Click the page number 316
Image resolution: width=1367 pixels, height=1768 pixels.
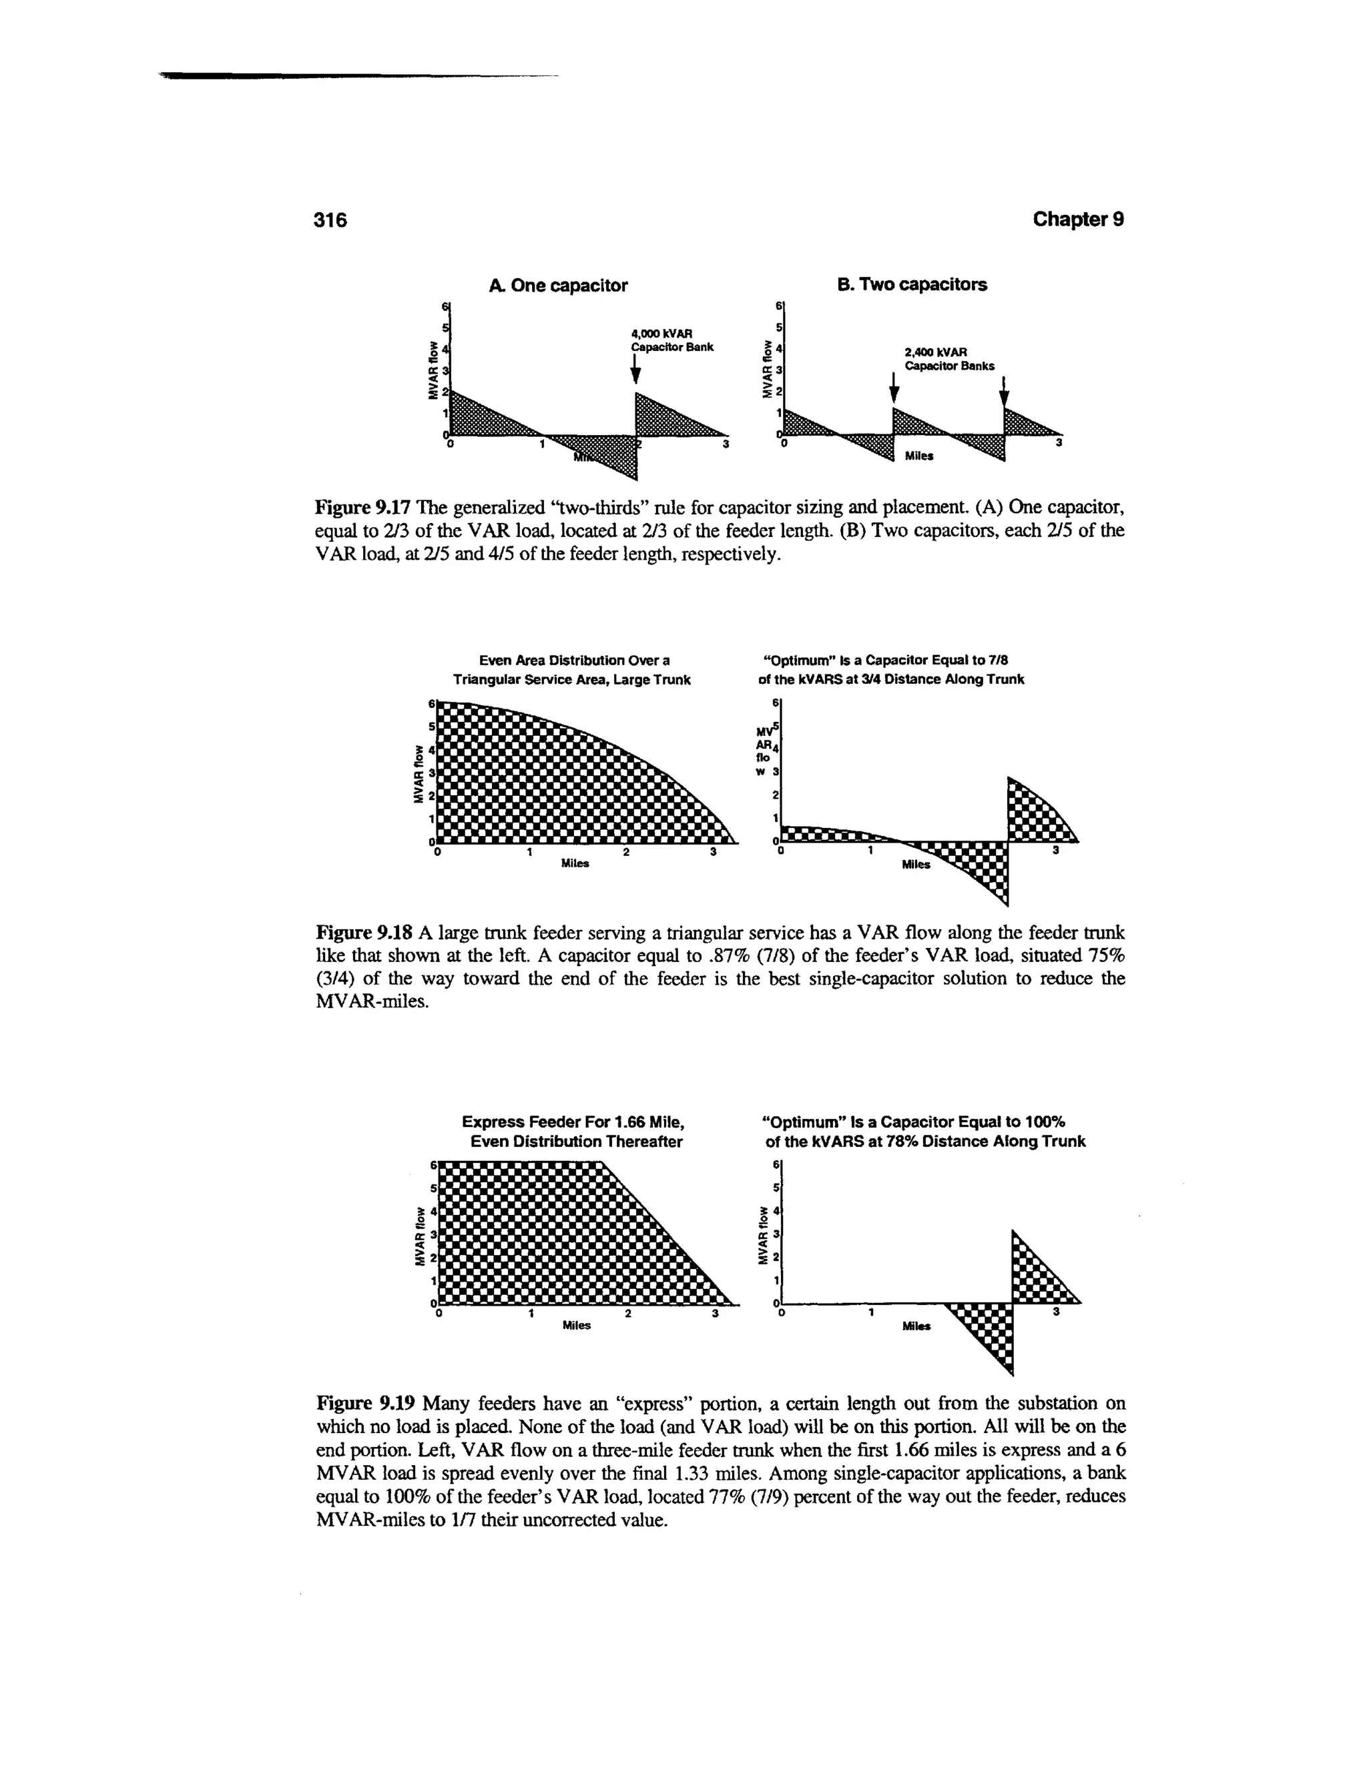(x=330, y=220)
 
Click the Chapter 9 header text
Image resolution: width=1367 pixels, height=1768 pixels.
(x=1078, y=220)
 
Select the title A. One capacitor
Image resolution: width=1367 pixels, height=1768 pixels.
(x=558, y=286)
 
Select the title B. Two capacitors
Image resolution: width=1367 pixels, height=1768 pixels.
(x=911, y=285)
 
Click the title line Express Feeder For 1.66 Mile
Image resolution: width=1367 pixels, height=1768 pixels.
(x=573, y=1122)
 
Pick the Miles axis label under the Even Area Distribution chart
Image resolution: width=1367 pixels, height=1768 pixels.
(x=575, y=864)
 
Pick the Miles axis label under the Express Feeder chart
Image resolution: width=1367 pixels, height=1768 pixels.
(x=577, y=1325)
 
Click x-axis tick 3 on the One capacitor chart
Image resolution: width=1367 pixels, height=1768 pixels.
(x=726, y=445)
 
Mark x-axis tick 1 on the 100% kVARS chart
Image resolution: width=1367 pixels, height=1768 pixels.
(x=871, y=1312)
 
